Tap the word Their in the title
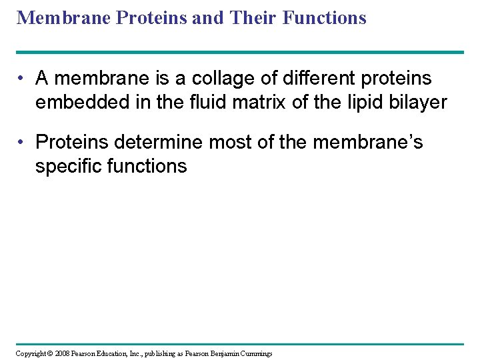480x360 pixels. [254, 17]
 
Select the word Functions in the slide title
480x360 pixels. [325, 17]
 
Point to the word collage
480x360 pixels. [219, 79]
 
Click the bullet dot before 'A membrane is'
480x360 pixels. [22, 79]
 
